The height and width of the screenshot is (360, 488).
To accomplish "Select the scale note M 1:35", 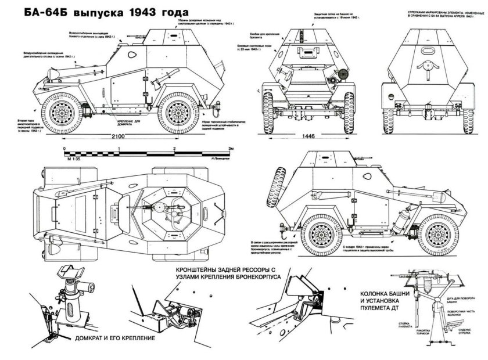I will (x=73, y=159).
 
